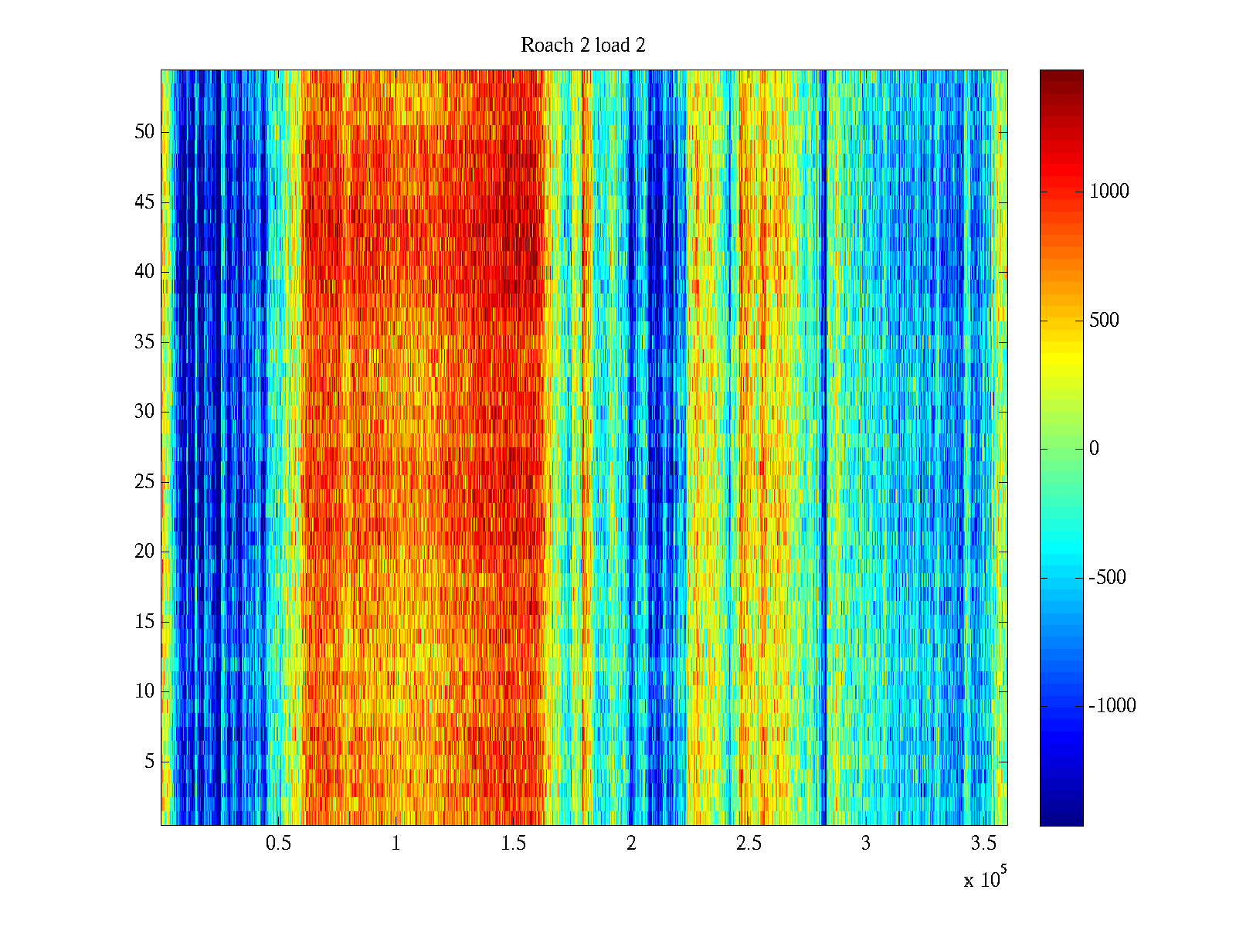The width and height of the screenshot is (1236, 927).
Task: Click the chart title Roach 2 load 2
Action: pyautogui.click(x=583, y=46)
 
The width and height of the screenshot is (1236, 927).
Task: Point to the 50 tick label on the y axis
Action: pyautogui.click(x=144, y=132)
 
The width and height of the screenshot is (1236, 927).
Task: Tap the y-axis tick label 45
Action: pyautogui.click(x=144, y=202)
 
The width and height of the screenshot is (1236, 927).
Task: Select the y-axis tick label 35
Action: pyautogui.click(x=144, y=342)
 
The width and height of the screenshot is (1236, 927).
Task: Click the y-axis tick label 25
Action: pyautogui.click(x=144, y=482)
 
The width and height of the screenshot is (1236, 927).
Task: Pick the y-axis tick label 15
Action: pyautogui.click(x=144, y=622)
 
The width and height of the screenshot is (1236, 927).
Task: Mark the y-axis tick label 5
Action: pyautogui.click(x=149, y=762)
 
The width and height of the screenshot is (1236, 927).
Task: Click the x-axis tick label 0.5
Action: pyautogui.click(x=279, y=844)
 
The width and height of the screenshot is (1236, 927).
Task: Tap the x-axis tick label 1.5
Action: pyautogui.click(x=514, y=844)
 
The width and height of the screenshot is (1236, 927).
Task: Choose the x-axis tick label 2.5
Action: pyautogui.click(x=749, y=844)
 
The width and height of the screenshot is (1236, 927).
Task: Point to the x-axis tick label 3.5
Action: pyautogui.click(x=983, y=844)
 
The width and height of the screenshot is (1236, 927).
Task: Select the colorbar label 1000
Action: pyautogui.click(x=1109, y=192)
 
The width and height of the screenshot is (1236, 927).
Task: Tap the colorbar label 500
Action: pyautogui.click(x=1104, y=321)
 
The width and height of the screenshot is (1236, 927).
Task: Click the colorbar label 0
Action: pyautogui.click(x=1094, y=449)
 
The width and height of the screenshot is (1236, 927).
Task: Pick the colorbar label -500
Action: pyautogui.click(x=1107, y=578)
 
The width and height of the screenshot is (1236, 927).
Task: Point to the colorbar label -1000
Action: pyautogui.click(x=1112, y=706)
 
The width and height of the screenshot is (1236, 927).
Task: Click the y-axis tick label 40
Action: pyautogui.click(x=144, y=272)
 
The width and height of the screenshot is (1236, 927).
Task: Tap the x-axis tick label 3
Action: pyautogui.click(x=866, y=844)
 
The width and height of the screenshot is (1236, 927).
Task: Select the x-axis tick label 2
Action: pyautogui.click(x=631, y=844)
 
